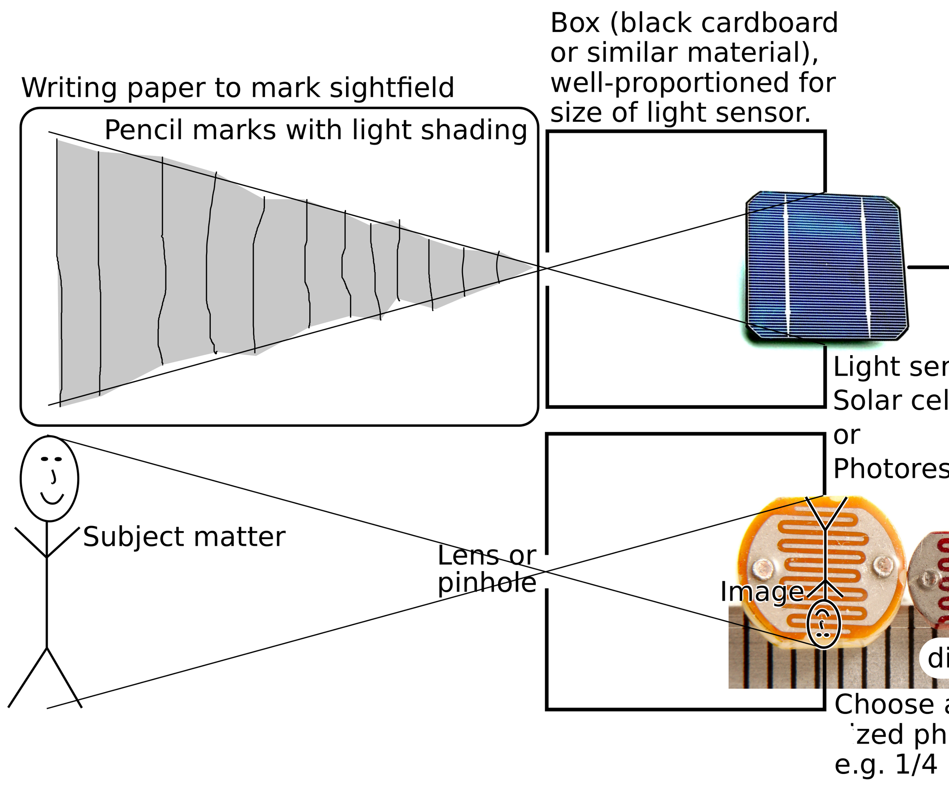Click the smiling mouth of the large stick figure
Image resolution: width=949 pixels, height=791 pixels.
pyautogui.click(x=52, y=499)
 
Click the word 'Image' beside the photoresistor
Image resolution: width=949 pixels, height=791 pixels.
pyautogui.click(x=762, y=592)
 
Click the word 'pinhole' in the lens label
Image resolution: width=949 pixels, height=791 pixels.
pyautogui.click(x=487, y=583)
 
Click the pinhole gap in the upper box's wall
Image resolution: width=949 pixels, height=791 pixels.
pyautogui.click(x=547, y=269)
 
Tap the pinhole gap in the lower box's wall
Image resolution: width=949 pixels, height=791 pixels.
pyautogui.click(x=547, y=571)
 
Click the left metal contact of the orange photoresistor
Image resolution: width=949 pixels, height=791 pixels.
pyautogui.click(x=763, y=566)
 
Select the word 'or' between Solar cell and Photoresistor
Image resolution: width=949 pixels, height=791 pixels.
pyautogui.click(x=847, y=435)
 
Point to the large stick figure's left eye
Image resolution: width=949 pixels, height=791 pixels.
pyautogui.click(x=44, y=459)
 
